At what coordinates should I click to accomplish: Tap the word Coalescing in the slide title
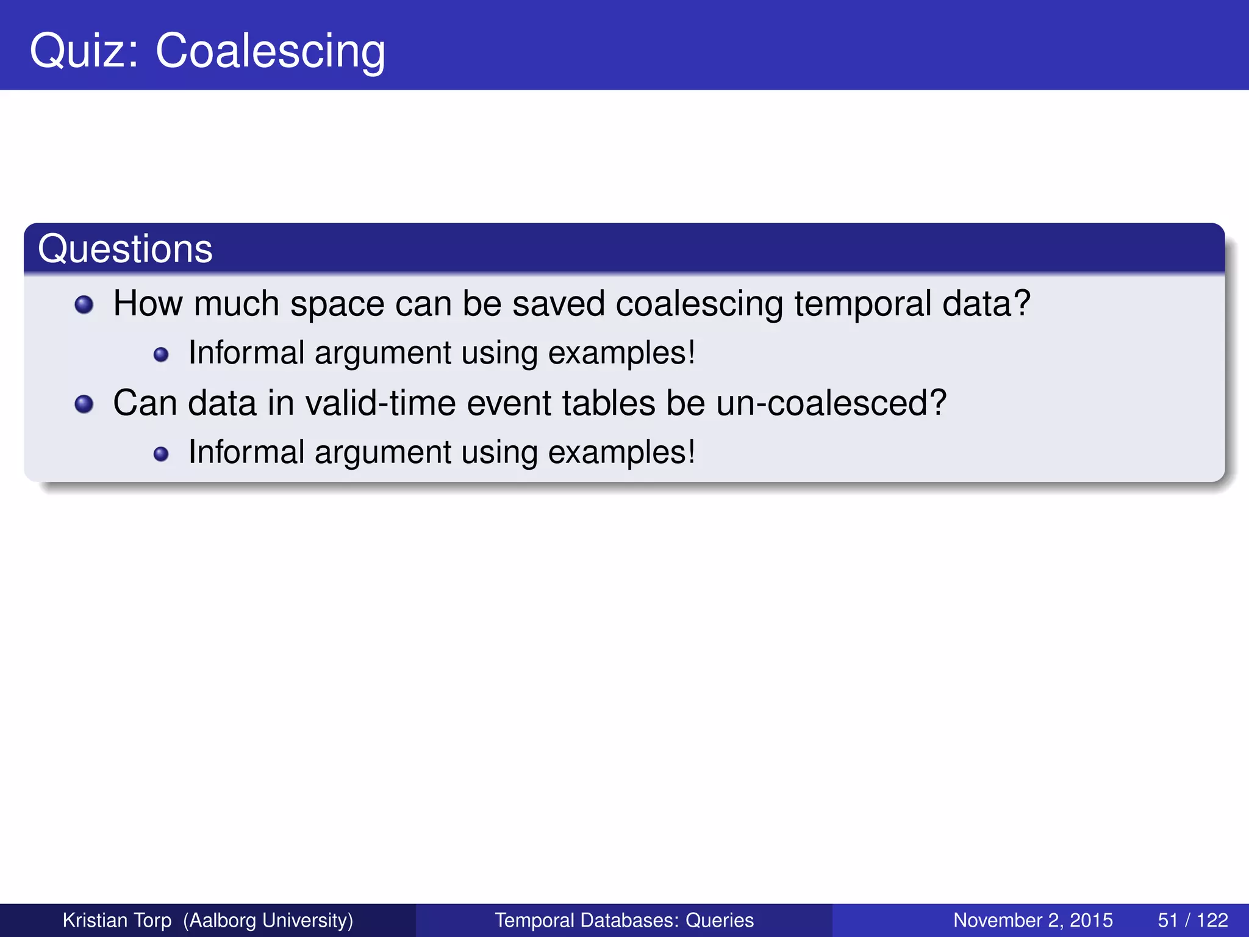[x=270, y=51]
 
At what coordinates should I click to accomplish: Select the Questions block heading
[x=125, y=249]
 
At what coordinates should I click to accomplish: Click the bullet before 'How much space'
[x=84, y=304]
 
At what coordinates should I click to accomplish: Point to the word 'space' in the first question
[x=337, y=304]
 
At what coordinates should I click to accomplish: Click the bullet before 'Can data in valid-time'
[x=84, y=404]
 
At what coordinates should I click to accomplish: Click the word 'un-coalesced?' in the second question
[x=831, y=403]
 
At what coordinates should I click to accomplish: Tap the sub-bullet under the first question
[x=161, y=354]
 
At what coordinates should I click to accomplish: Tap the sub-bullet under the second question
[x=161, y=454]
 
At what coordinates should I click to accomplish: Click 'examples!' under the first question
[x=621, y=353]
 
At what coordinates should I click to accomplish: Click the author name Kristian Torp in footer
[x=117, y=920]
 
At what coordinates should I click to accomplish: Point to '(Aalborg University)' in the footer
[x=268, y=920]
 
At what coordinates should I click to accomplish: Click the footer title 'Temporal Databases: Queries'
[x=624, y=920]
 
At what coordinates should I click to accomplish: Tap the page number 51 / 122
[x=1192, y=920]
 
